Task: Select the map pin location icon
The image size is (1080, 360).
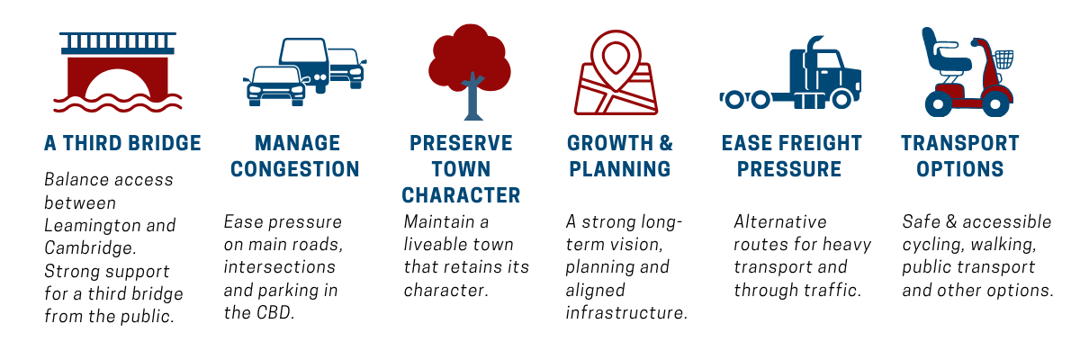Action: (616, 72)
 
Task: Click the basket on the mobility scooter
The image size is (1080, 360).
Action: (1003, 59)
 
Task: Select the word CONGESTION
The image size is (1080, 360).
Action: (295, 169)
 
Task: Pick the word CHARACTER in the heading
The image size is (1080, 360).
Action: (461, 195)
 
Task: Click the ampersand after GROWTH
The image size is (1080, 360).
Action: (666, 143)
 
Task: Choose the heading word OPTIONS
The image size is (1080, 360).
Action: (960, 169)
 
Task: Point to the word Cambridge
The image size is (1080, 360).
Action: (91, 247)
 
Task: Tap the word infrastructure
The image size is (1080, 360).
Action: (626, 313)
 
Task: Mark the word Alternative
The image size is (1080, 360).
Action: (780, 221)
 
